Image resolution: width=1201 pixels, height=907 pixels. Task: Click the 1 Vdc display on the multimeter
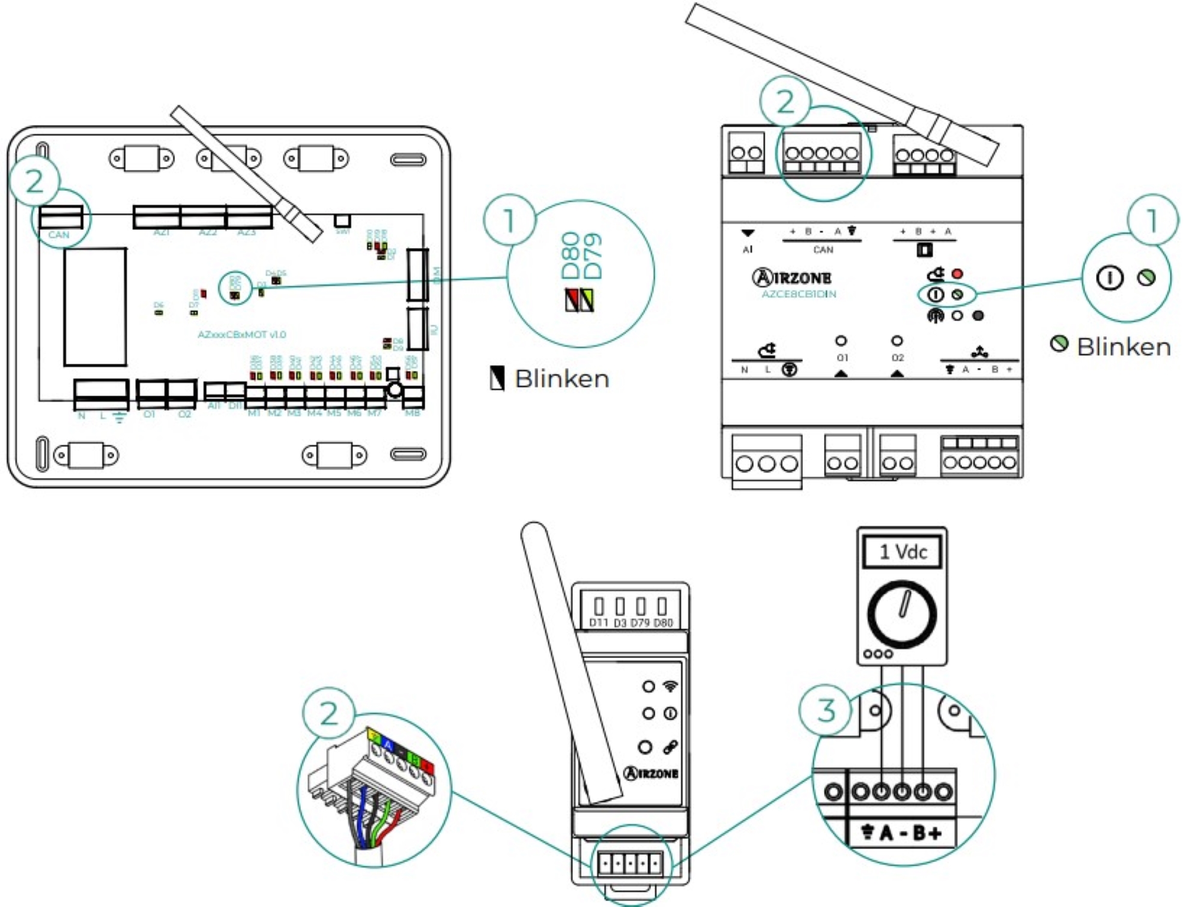pos(903,552)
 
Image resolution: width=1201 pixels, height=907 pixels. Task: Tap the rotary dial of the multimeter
pos(902,613)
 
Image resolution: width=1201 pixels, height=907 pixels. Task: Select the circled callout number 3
pos(826,710)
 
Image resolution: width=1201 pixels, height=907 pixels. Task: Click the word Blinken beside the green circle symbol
pos(1124,347)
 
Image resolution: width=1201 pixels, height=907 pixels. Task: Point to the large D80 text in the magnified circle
pos(570,256)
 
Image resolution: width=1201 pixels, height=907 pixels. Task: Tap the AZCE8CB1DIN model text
pos(799,294)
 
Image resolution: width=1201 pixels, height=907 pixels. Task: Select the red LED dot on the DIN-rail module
pos(957,274)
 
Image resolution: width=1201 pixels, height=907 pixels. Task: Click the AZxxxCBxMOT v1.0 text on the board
pos(241,334)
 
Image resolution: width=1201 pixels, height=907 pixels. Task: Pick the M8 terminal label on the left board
pos(413,413)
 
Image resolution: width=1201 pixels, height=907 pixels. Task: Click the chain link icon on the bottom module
pos(670,747)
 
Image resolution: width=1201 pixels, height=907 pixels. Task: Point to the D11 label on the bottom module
pos(599,623)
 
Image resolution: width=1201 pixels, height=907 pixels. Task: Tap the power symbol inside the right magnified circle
pos(1109,279)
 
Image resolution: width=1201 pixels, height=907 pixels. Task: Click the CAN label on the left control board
pos(59,235)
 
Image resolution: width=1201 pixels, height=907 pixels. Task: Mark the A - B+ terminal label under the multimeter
pos(910,833)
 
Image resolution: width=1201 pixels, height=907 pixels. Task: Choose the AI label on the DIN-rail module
pos(747,250)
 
